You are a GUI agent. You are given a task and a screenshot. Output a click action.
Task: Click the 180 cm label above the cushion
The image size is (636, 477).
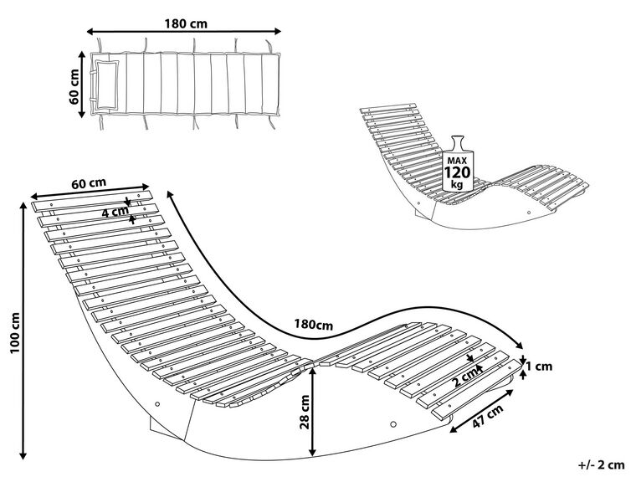pyautogui.click(x=187, y=23)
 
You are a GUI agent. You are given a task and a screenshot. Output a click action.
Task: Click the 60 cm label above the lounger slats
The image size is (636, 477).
pyautogui.click(x=88, y=183)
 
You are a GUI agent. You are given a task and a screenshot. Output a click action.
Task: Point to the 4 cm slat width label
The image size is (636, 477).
pyautogui.click(x=114, y=212)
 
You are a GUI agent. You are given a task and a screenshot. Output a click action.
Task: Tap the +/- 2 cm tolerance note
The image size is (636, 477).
pyautogui.click(x=602, y=463)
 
